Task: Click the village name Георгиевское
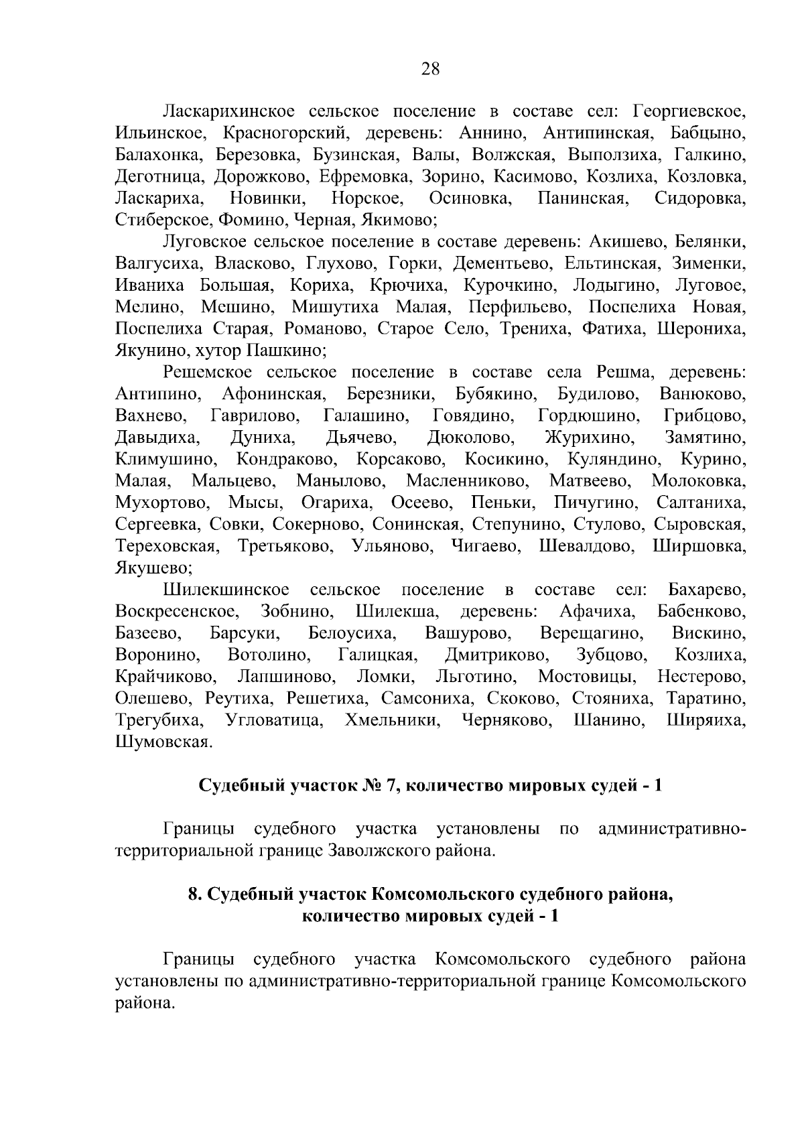pos(689,111)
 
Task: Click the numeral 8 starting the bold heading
pos(194,895)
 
